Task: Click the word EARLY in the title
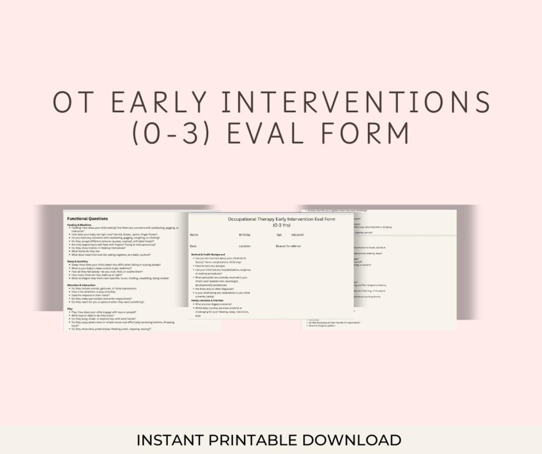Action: tap(159, 102)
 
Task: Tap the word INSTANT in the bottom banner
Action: tap(169, 440)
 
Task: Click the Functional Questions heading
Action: tap(88, 219)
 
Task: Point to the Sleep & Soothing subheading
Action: tap(78, 261)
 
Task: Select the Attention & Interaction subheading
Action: tap(81, 285)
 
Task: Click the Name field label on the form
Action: tap(194, 234)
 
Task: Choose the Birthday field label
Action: tap(244, 234)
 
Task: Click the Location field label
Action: tap(245, 246)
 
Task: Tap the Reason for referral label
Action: tap(288, 246)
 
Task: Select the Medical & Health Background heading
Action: tap(208, 255)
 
